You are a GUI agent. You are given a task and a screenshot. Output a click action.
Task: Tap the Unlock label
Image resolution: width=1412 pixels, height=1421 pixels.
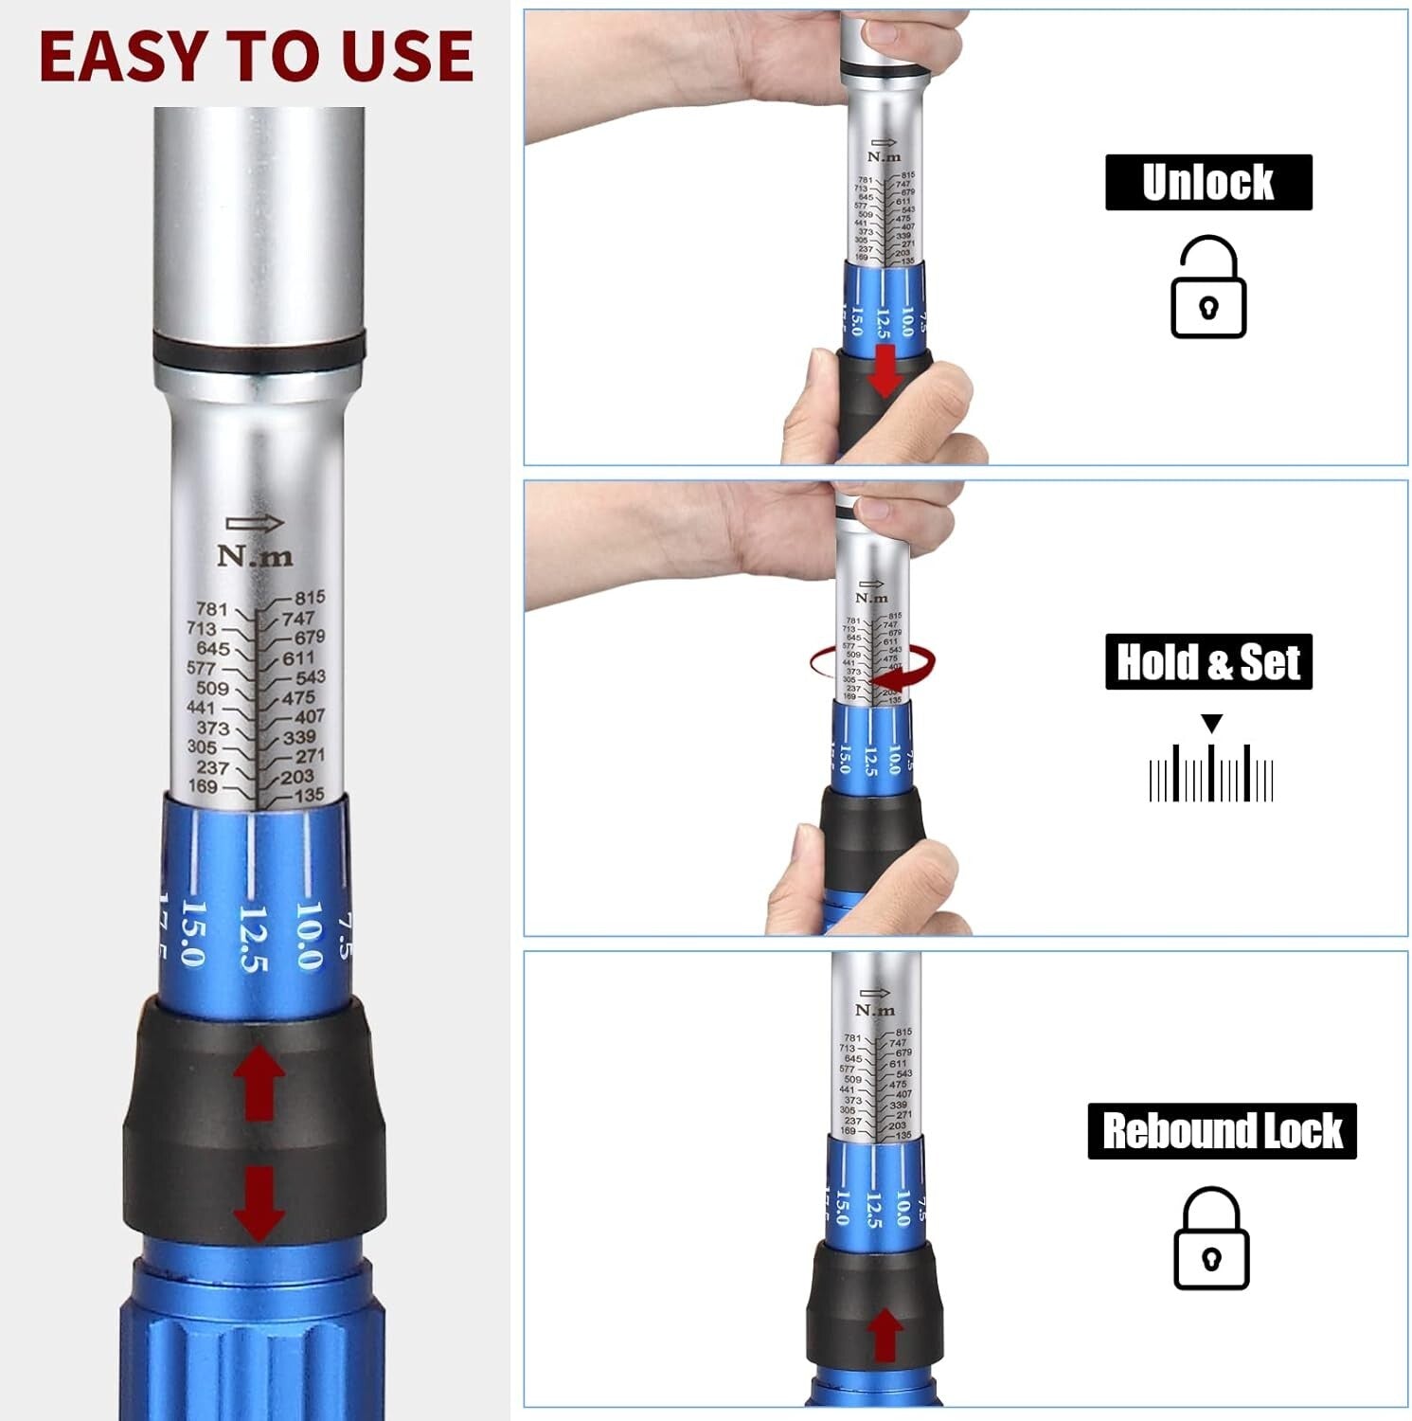point(1207,182)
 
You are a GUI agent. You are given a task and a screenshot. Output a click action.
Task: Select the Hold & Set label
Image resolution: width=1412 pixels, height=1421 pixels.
point(1207,661)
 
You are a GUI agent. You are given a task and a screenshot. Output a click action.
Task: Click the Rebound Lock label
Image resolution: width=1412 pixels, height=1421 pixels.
point(1221,1131)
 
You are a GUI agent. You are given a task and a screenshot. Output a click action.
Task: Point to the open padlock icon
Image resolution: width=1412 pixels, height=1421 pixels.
point(1207,288)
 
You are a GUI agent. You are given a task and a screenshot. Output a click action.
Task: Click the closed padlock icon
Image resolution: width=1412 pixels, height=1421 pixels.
point(1210,1238)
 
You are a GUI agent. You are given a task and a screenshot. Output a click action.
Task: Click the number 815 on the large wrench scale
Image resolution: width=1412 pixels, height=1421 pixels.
point(310,598)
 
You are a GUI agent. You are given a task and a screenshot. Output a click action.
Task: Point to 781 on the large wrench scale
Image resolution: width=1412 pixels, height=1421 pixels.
point(211,609)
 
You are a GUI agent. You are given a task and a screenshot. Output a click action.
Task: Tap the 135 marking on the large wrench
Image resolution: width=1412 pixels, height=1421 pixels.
point(309,796)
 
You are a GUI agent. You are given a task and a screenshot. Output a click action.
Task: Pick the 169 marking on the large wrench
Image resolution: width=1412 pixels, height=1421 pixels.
point(202,786)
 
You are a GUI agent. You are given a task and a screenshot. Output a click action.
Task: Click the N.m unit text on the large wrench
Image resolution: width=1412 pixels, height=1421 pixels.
point(255,555)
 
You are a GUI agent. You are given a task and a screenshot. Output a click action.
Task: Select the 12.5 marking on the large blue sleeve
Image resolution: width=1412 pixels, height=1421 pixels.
point(252,938)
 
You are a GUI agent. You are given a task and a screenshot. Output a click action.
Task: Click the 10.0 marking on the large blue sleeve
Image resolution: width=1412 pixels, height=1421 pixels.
point(309,934)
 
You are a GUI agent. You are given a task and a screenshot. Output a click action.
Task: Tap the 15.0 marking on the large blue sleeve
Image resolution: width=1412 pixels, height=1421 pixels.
point(192,933)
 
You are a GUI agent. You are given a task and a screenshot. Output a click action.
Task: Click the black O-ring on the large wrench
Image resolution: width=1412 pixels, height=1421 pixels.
point(259,350)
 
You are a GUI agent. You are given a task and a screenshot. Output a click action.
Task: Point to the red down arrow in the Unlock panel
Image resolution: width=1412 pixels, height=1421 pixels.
point(885,370)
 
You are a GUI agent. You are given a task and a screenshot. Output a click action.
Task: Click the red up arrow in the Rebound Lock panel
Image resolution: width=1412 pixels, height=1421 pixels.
point(885,1335)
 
